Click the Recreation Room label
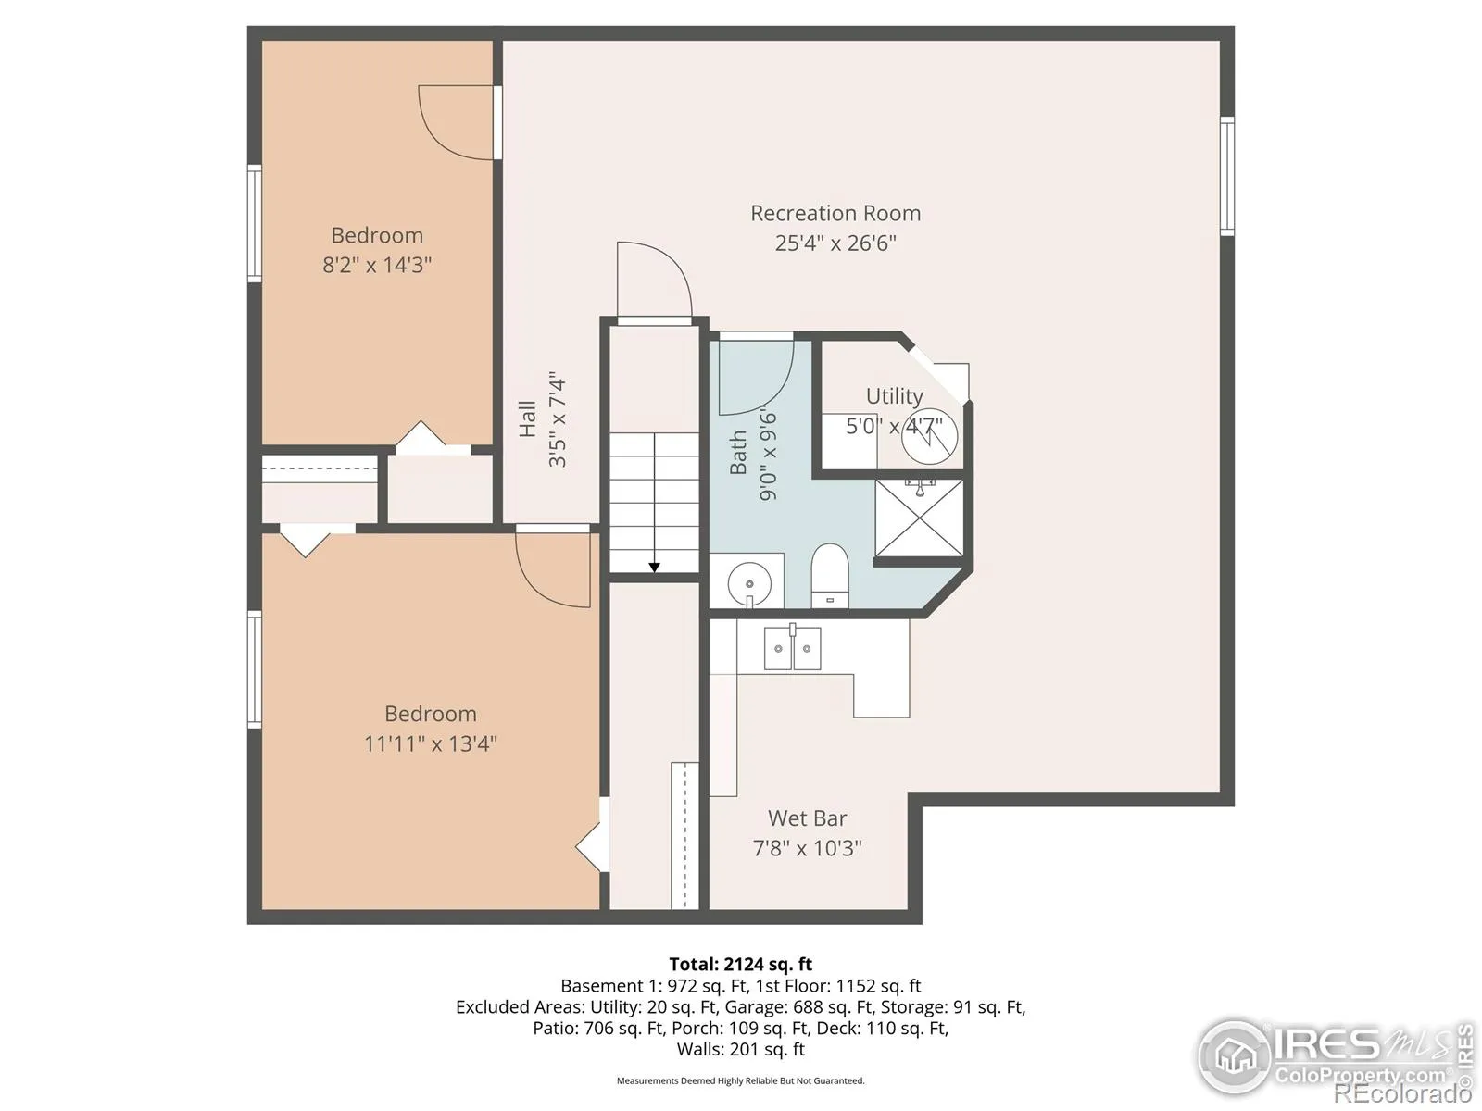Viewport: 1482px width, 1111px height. tap(835, 213)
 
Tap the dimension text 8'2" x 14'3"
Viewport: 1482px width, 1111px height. tap(377, 265)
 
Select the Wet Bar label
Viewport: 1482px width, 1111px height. tap(807, 818)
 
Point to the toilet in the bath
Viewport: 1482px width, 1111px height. tap(829, 575)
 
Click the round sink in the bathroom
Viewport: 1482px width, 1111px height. tap(748, 584)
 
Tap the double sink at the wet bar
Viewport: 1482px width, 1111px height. tap(793, 647)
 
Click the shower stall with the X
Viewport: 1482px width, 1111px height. tap(919, 518)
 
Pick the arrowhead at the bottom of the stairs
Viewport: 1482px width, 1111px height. tap(654, 568)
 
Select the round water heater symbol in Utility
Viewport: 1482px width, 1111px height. tap(930, 436)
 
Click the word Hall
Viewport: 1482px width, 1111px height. tap(527, 418)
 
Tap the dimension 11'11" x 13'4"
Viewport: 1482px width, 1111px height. tap(431, 743)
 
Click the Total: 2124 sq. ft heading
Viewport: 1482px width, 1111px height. tap(741, 964)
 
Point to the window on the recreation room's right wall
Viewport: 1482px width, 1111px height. tap(1226, 176)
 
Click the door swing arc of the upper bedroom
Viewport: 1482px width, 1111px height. tap(439, 138)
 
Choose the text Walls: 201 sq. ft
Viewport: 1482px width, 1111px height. tap(741, 1049)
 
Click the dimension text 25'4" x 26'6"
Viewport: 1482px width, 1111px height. tap(835, 243)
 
